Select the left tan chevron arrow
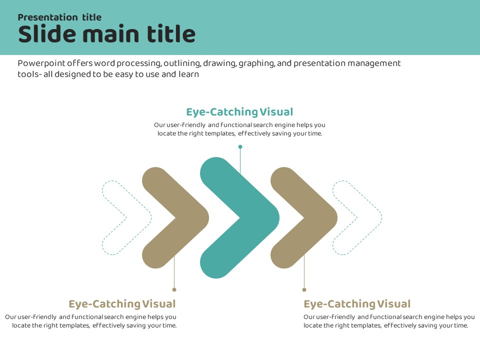click(192, 217)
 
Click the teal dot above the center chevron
click(240, 146)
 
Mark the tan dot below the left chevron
click(174, 289)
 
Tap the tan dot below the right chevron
click(304, 289)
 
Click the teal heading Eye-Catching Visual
click(239, 112)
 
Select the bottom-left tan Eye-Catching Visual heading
click(122, 304)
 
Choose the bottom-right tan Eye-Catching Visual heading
click(357, 304)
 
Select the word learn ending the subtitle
click(189, 74)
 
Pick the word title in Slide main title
click(171, 34)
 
